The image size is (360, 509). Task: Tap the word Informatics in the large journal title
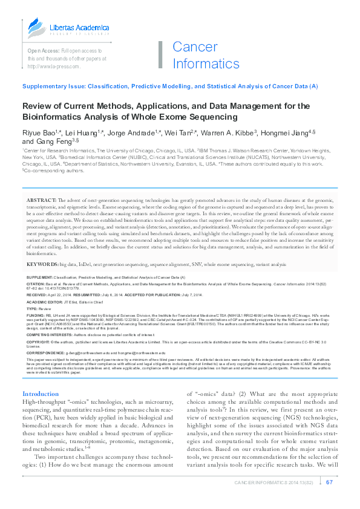tap(206, 63)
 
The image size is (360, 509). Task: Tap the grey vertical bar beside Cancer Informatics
tap(160, 54)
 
